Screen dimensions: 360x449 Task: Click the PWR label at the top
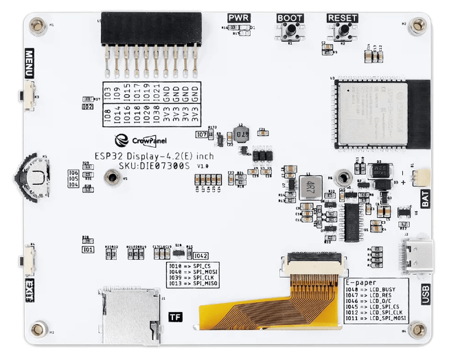point(239,17)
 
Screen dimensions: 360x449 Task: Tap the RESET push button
point(342,32)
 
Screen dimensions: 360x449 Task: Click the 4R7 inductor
point(308,187)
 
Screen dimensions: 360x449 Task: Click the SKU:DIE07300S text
point(146,166)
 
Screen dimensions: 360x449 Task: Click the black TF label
point(174,317)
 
